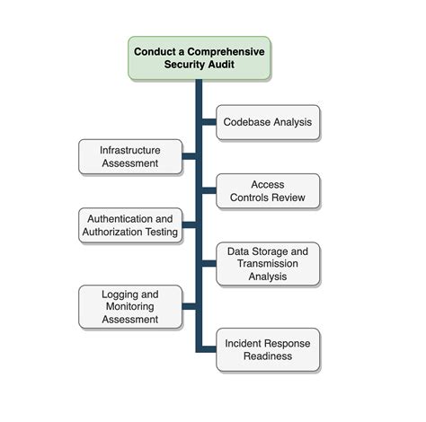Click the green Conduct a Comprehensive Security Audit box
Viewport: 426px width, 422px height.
click(x=199, y=57)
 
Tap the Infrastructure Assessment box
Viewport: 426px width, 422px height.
click(x=129, y=156)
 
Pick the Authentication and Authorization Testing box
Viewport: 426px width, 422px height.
click(x=129, y=225)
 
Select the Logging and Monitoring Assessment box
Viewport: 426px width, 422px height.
click(x=129, y=306)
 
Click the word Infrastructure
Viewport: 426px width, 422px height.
click(x=129, y=150)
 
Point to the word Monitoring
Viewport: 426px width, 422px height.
click(x=129, y=306)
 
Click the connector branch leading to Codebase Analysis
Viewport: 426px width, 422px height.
click(x=209, y=122)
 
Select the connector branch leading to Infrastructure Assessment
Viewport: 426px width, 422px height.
click(x=190, y=156)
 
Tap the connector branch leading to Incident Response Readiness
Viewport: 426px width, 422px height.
click(x=209, y=349)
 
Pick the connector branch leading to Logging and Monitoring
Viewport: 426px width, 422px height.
click(x=190, y=306)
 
